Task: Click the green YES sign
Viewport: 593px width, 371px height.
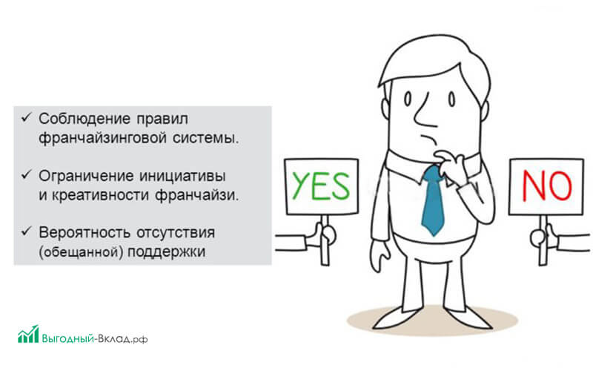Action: click(x=321, y=187)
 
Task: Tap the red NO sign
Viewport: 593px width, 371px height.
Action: click(x=546, y=187)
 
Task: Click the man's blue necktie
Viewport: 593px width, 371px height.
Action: click(x=433, y=200)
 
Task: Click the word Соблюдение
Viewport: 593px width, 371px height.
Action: click(x=84, y=119)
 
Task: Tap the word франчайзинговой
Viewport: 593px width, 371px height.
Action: click(x=102, y=138)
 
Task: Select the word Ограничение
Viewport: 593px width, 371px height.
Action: click(x=86, y=176)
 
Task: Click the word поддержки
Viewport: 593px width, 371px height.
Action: click(x=166, y=252)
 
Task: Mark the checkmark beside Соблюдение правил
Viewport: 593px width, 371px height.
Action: click(x=26, y=117)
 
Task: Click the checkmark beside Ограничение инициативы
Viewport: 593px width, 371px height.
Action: click(x=26, y=174)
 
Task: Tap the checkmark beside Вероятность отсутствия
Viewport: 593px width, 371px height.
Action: click(x=26, y=231)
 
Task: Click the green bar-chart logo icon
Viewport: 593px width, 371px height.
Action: click(x=28, y=334)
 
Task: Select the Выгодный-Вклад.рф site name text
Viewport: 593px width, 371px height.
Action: click(x=95, y=338)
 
